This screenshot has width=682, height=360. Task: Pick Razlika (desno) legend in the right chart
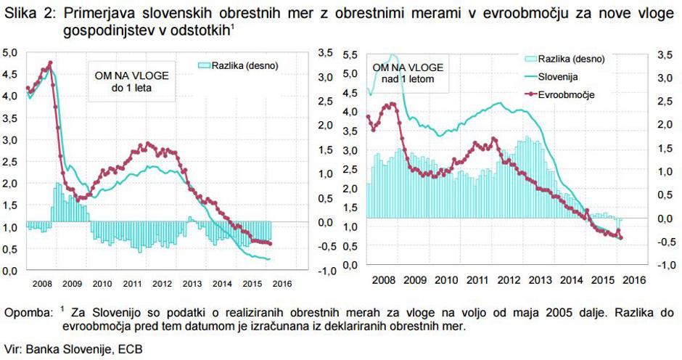pyautogui.click(x=566, y=58)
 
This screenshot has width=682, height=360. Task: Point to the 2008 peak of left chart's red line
pyautogui.click(x=50, y=63)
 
